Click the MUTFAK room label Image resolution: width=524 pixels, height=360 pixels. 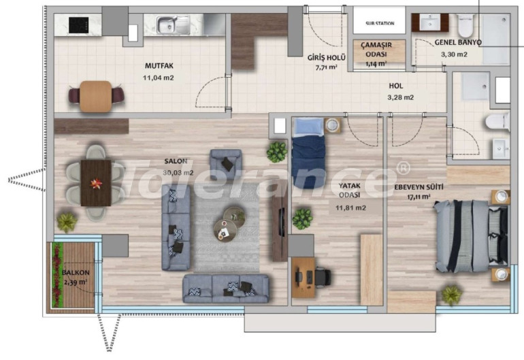coord(159,66)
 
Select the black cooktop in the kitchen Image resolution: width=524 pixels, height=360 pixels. coord(78,25)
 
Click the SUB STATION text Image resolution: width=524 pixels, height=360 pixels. coord(380,23)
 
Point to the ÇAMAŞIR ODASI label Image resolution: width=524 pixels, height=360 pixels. coord(376,49)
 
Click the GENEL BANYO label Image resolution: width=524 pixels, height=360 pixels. coord(458,42)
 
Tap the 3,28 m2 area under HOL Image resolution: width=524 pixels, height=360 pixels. coord(400,97)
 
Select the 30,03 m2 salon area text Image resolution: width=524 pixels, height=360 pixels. coord(178,173)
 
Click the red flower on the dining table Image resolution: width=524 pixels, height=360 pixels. coord(96,184)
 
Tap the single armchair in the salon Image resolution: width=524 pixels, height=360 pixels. coord(225,160)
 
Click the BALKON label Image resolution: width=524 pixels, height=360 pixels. coord(76,272)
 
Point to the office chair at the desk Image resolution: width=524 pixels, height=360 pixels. coord(322,277)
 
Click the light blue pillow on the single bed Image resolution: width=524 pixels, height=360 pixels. coord(308,127)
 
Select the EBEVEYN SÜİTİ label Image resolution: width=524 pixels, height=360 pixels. coord(419,187)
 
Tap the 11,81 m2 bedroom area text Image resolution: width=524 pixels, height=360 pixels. coord(350,208)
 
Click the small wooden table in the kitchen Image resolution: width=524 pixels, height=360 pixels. coord(95,96)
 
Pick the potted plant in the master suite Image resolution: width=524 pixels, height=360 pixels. coord(452,295)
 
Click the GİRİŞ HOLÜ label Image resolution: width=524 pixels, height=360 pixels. coord(326,58)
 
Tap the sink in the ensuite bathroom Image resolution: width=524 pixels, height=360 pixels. coord(501,149)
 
